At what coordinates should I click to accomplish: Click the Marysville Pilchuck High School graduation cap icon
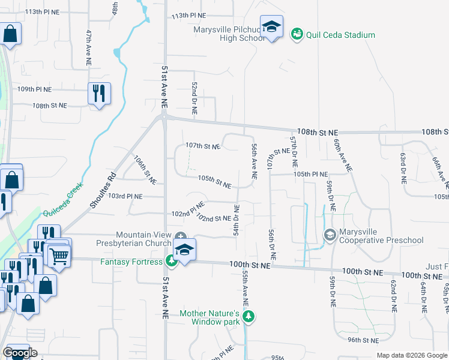pos(272,28)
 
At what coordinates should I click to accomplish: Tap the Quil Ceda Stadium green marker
pos(296,35)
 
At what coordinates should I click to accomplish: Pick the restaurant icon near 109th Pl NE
pos(98,92)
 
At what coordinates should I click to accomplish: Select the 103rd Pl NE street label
pos(124,196)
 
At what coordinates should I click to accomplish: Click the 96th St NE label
pos(364,340)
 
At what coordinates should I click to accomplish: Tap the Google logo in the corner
pos(20,353)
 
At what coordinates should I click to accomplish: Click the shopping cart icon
pos(58,256)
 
